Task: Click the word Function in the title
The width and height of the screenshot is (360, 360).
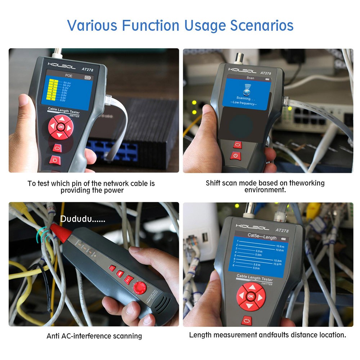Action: [x=150, y=26]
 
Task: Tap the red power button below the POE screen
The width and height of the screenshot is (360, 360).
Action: [x=55, y=159]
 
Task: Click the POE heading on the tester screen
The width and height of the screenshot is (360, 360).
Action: [x=68, y=76]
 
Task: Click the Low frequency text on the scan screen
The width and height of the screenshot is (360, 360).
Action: [x=244, y=103]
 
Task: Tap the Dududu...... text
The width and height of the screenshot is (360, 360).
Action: [x=82, y=219]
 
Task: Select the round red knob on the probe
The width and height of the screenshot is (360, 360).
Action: [x=139, y=288]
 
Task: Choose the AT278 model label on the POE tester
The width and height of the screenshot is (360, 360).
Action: [x=87, y=70]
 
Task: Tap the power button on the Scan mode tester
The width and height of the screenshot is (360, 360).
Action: [x=235, y=156]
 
